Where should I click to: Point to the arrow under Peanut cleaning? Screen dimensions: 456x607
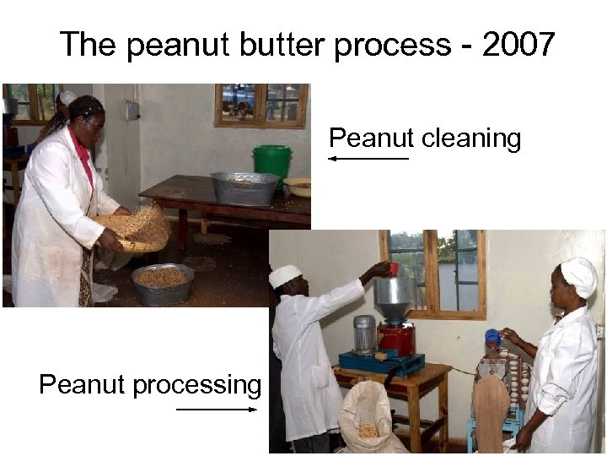click(368, 158)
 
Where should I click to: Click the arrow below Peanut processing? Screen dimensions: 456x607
click(217, 410)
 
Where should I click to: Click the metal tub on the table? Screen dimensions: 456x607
click(244, 187)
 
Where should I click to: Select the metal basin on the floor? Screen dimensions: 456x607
click(162, 283)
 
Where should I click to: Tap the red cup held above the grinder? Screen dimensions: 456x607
click(393, 269)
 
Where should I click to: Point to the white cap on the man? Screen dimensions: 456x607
click(285, 275)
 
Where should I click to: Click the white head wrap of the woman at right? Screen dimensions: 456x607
click(579, 275)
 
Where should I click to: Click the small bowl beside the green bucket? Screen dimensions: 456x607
click(298, 186)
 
